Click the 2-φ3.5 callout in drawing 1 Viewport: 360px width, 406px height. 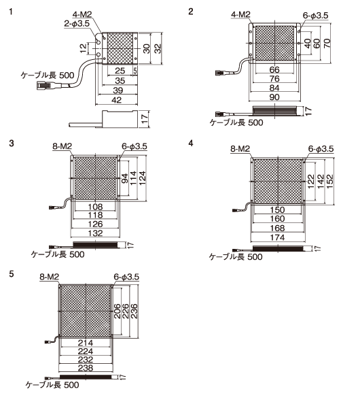click(x=77, y=24)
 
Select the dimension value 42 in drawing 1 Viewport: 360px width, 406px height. click(x=117, y=100)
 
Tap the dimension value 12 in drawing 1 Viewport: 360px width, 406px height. click(x=84, y=48)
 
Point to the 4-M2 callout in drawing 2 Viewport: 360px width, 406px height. click(x=240, y=14)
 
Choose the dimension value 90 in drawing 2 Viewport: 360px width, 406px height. click(x=274, y=97)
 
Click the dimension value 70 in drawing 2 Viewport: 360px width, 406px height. click(x=327, y=43)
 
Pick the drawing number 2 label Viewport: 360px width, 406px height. click(x=191, y=12)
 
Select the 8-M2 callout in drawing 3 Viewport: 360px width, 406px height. click(x=62, y=146)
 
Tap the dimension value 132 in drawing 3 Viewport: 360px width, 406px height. click(x=95, y=233)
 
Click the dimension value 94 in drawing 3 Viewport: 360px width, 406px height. click(x=125, y=178)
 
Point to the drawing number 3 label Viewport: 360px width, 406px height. click(x=12, y=143)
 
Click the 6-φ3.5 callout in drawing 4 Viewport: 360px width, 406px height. click(x=321, y=149)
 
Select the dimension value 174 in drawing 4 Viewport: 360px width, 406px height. click(x=277, y=237)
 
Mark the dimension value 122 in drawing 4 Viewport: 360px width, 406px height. click(x=310, y=181)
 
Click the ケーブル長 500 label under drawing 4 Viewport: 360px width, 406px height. click(x=236, y=257)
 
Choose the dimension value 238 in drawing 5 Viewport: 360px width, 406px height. click(x=86, y=368)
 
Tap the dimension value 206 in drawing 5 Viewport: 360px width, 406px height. click(x=117, y=311)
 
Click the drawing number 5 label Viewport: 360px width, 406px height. click(x=12, y=274)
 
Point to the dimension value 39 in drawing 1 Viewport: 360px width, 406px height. click(x=118, y=90)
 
